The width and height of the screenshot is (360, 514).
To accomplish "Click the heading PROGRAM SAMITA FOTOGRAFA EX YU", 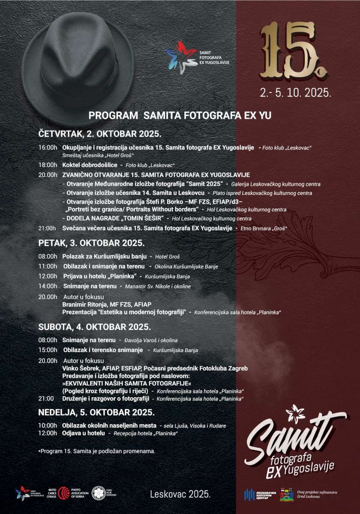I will point(180,116).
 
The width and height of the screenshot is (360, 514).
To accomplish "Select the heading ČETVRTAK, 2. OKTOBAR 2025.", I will point(99,133).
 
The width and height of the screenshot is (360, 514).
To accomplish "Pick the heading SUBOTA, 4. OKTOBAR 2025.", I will point(94,326).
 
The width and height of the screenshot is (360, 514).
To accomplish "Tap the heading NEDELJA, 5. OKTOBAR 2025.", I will point(96,412).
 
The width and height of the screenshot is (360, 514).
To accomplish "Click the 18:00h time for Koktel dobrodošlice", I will point(48,165).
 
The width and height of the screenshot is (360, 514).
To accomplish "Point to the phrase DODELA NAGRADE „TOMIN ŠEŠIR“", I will point(116,218).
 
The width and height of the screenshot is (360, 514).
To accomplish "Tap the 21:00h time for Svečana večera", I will point(48,228).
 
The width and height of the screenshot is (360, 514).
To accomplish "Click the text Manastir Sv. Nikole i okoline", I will point(158,287).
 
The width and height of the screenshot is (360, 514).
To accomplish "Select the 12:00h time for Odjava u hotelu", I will point(48,433).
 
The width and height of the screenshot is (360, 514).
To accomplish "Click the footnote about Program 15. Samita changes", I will point(96,451).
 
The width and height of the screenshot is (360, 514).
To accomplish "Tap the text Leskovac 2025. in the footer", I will point(180,494).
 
